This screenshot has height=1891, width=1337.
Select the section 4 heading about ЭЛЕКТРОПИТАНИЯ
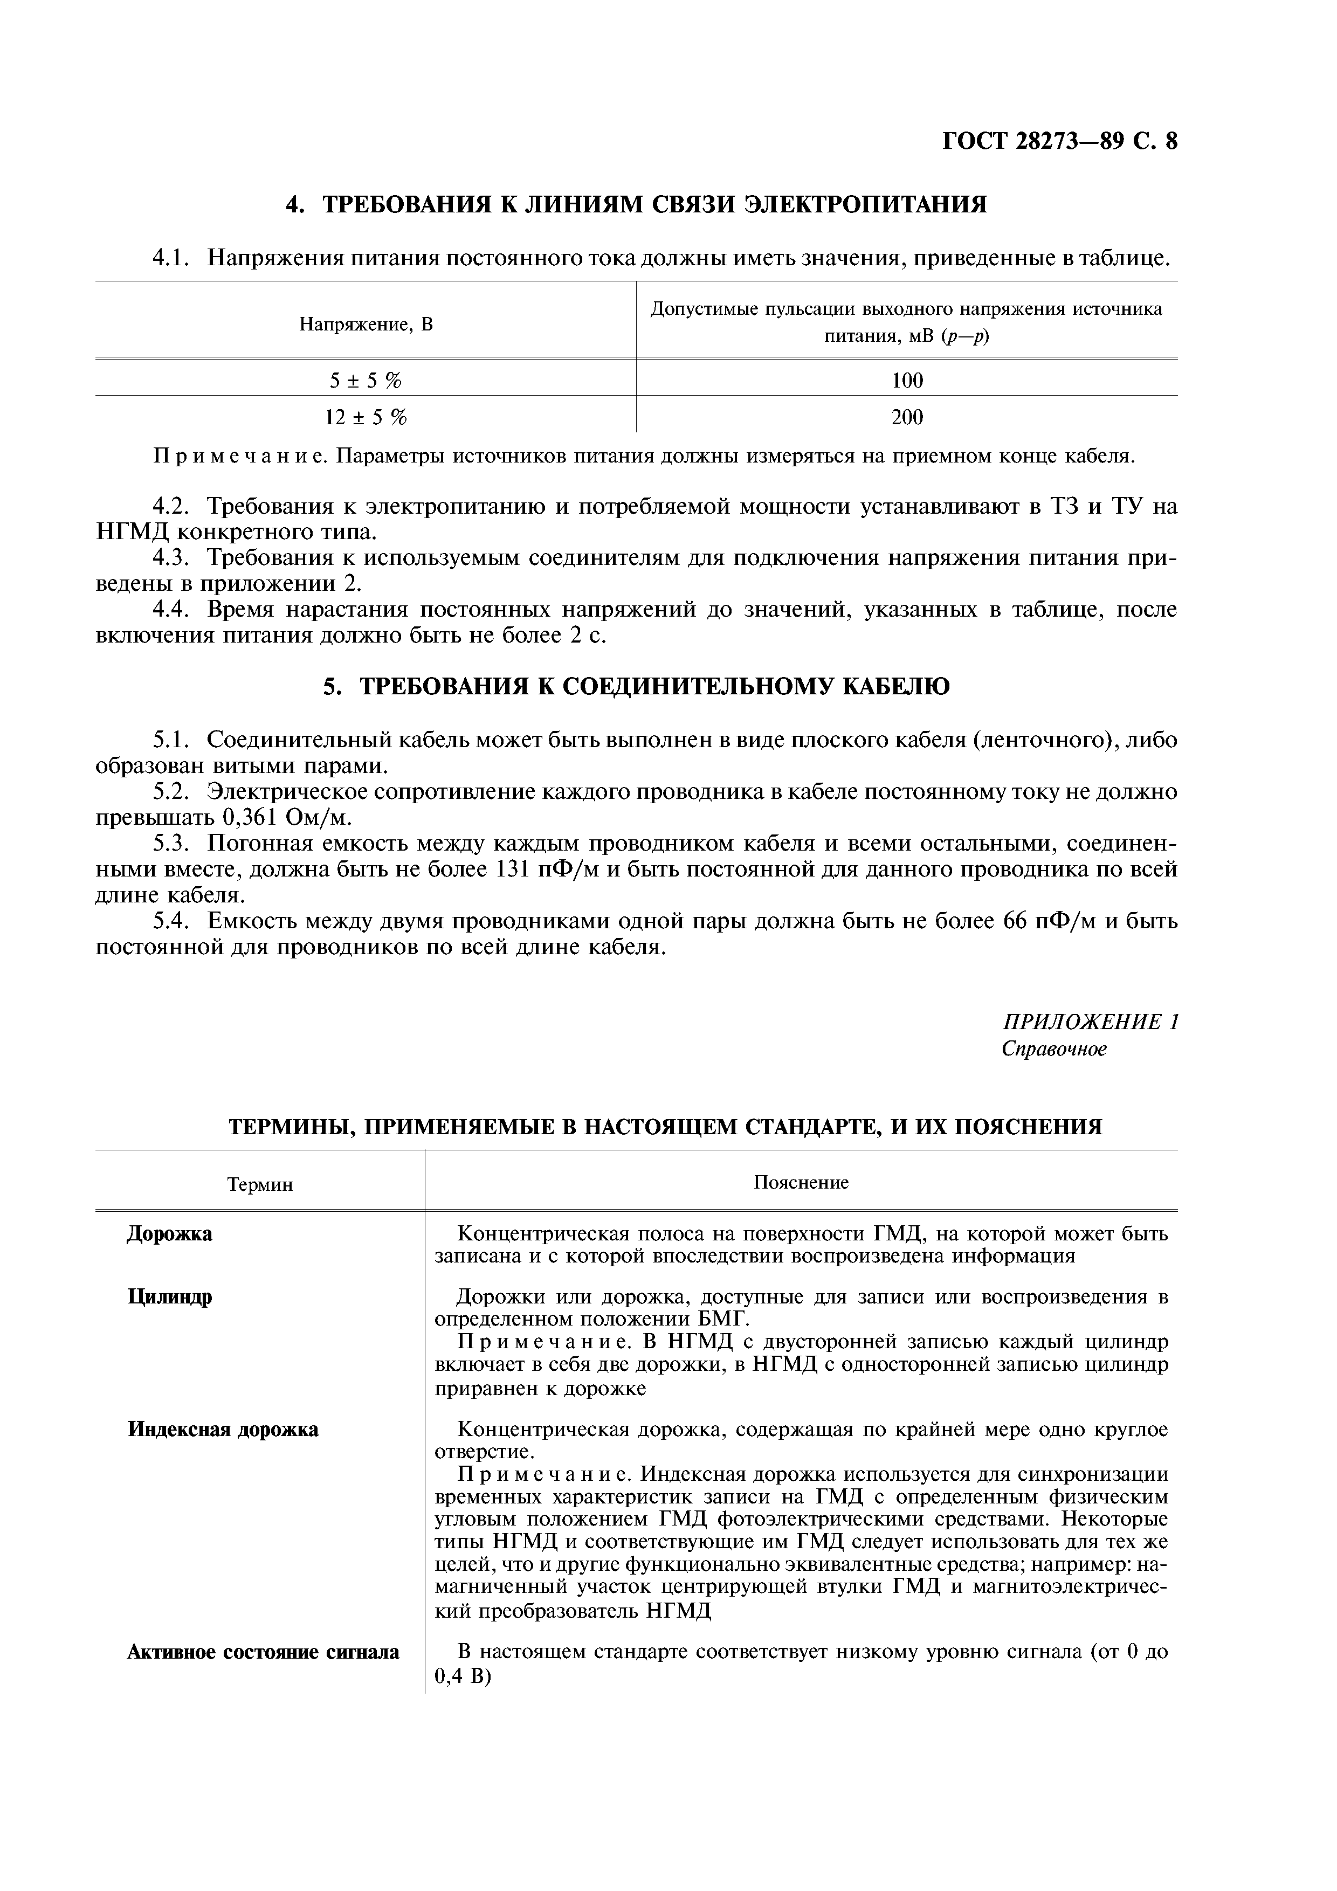636,204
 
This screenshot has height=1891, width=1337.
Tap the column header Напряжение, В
366,325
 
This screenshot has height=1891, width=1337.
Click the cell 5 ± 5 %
366,379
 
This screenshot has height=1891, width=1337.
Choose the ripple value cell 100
907,379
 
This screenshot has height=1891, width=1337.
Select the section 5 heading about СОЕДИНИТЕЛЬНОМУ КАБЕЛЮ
636,686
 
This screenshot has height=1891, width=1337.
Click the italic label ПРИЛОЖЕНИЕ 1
1090,1022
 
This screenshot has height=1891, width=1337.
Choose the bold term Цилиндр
170,1297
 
